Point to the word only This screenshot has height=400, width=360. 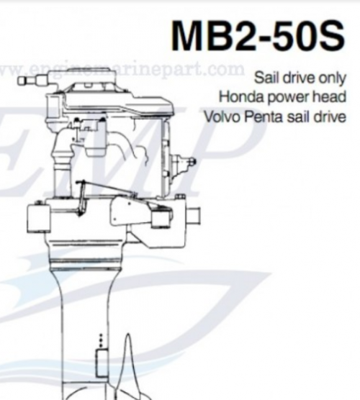point(332,78)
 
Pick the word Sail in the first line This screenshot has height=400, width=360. point(265,77)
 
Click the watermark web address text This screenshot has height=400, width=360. point(122,69)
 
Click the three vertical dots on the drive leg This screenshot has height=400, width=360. point(101,340)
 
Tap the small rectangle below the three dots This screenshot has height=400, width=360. point(101,363)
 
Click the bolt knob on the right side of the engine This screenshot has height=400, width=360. point(192,162)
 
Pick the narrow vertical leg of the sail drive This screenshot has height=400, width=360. point(85,332)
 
